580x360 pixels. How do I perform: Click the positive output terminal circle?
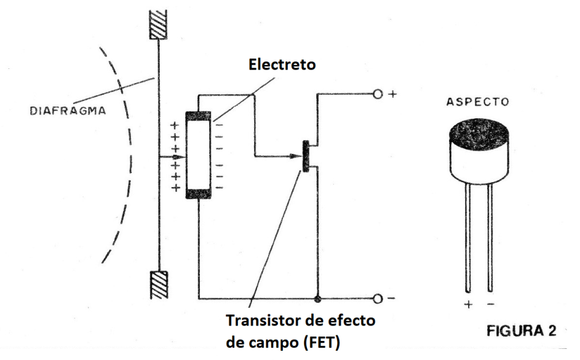[378, 95]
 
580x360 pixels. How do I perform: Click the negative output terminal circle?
[378, 299]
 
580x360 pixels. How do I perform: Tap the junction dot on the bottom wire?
[317, 299]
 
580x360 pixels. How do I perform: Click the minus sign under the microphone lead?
[490, 304]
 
